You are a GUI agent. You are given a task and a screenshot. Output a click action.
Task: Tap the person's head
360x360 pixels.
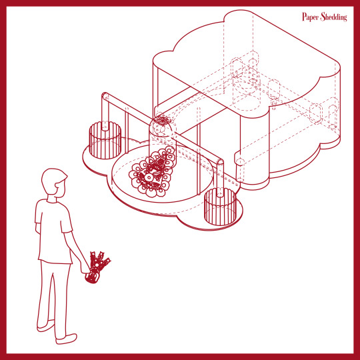point(54,183)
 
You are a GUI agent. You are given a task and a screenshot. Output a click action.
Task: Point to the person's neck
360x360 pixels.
point(52,199)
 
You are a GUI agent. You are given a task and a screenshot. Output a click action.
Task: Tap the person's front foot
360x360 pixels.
point(66,339)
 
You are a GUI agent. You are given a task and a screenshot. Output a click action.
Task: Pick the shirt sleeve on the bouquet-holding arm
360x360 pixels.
point(65,221)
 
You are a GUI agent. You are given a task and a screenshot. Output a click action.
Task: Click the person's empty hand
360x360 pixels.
point(37,229)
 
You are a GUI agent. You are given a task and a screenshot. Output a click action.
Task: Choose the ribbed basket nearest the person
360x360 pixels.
point(105,140)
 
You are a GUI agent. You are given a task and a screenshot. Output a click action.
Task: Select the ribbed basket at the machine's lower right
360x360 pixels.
point(220,207)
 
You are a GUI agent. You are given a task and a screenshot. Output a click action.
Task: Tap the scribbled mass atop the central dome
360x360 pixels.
point(163,121)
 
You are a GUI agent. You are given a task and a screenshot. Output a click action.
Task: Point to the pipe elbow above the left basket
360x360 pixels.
point(105,96)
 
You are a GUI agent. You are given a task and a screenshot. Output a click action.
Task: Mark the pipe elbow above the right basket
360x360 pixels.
point(220,163)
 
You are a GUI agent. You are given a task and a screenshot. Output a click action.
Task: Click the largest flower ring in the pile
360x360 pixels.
point(149,177)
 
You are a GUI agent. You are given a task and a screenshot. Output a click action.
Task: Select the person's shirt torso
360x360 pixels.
point(53,232)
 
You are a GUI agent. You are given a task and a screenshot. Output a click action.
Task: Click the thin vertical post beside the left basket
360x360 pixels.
point(127,131)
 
